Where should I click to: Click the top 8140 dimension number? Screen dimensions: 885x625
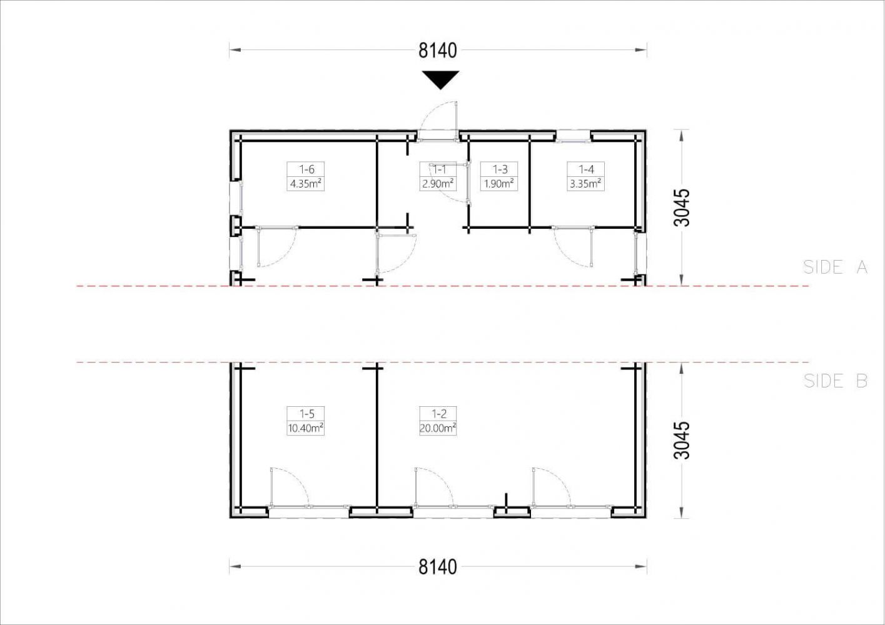coord(438,51)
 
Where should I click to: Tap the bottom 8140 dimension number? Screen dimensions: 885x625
coord(438,567)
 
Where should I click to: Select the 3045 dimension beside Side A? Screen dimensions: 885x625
coord(682,207)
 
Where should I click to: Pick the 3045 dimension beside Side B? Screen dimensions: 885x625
coord(682,441)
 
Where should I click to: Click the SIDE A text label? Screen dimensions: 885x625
coord(836,267)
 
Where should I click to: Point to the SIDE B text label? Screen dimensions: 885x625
coord(836,381)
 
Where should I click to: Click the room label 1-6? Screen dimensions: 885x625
coord(306,169)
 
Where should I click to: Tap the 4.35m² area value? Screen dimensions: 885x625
coord(305,184)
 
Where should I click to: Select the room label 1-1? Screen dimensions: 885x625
coord(439,169)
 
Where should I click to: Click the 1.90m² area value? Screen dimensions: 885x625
coord(499,184)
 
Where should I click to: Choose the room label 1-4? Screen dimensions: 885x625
coord(586,169)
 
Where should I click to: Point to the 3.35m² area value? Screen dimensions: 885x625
coord(585,184)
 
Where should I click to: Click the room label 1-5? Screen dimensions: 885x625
coord(306,414)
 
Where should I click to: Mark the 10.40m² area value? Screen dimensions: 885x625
coord(305,428)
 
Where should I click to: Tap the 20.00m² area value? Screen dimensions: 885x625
coord(438,428)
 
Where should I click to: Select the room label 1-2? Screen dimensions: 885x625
coord(439,414)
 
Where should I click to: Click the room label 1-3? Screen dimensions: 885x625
coord(500,169)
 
